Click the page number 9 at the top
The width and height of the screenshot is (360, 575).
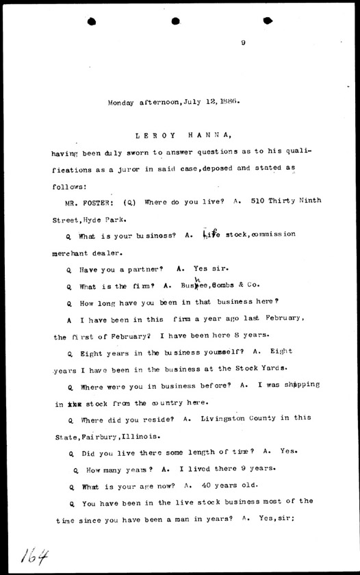(x=243, y=43)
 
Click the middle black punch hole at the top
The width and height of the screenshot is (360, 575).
(x=176, y=21)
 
